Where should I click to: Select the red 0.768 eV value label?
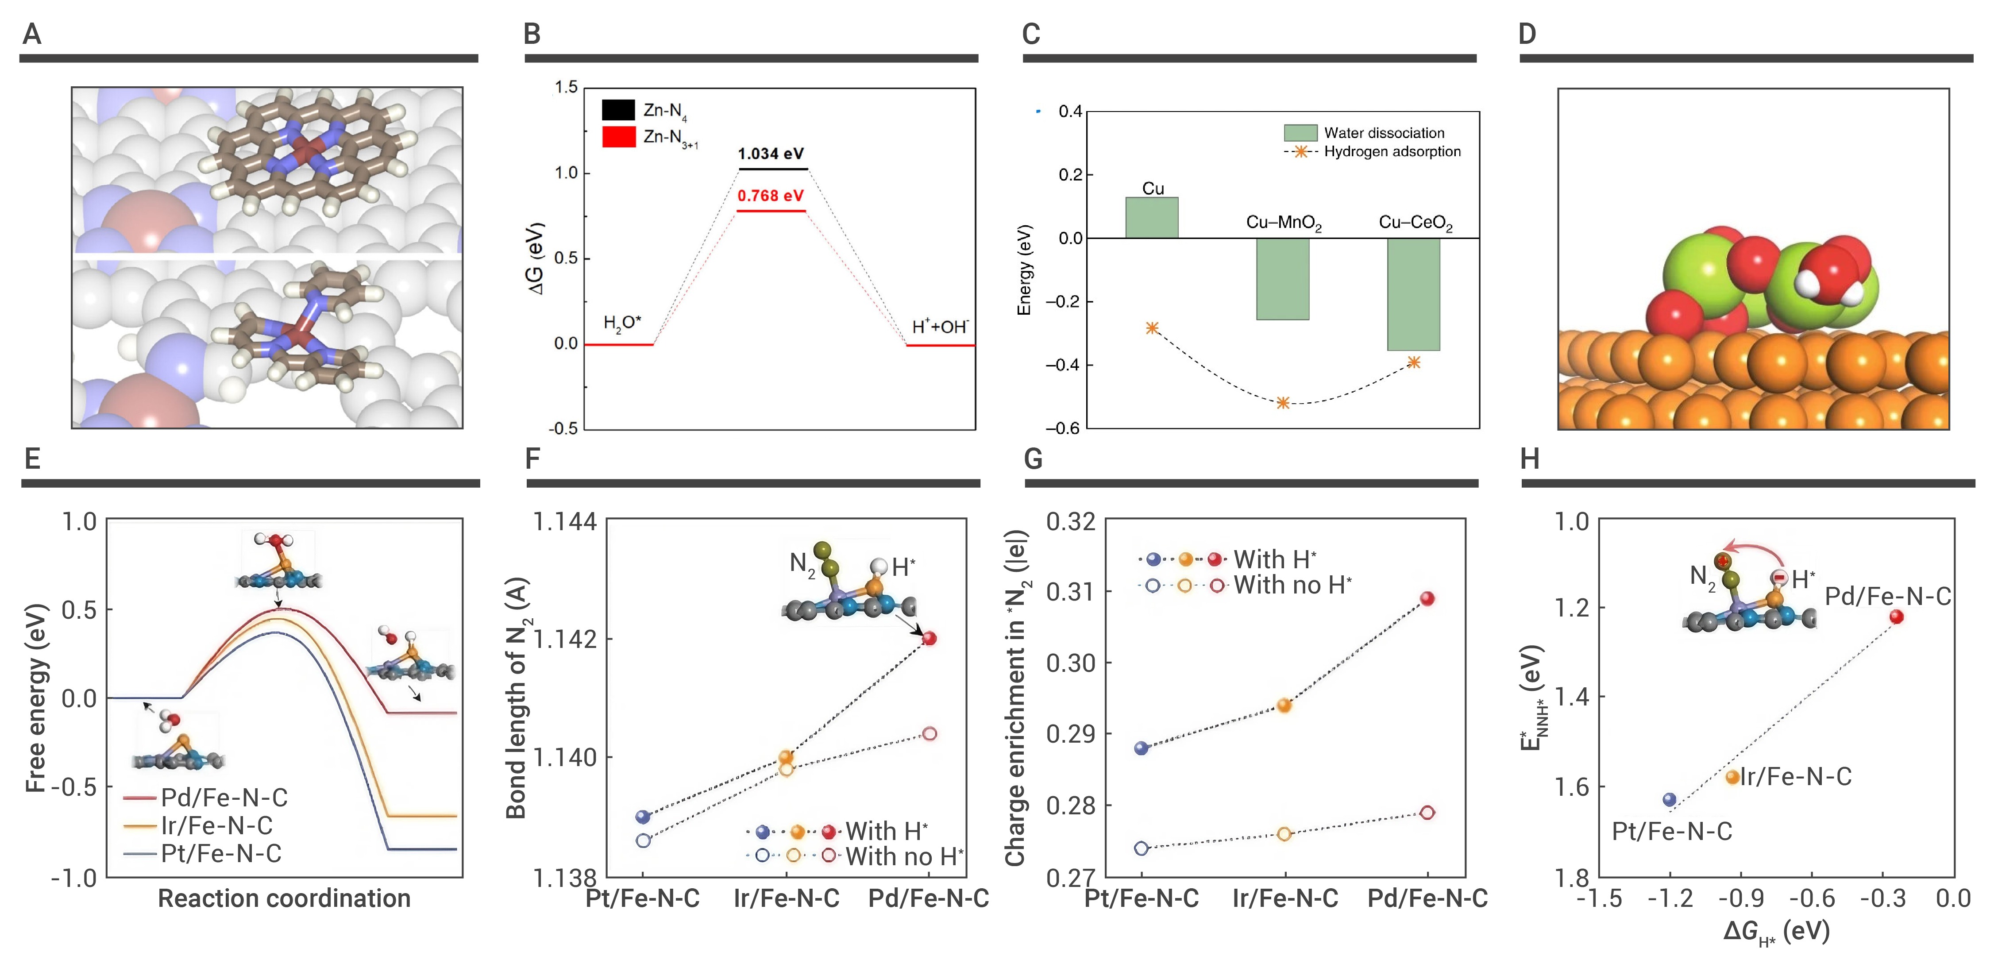click(770, 196)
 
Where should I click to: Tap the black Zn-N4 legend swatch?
click(618, 110)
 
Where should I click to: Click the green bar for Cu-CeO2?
click(1413, 294)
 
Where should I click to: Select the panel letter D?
click(1527, 34)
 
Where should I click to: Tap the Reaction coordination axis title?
click(284, 898)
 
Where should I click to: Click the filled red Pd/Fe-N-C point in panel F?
click(930, 638)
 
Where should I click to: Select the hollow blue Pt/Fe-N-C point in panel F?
click(643, 840)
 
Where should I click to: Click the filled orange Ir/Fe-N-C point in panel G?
click(1284, 705)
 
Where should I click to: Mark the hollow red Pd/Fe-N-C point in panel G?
click(1427, 813)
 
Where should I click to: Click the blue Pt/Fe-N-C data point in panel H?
click(1670, 799)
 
